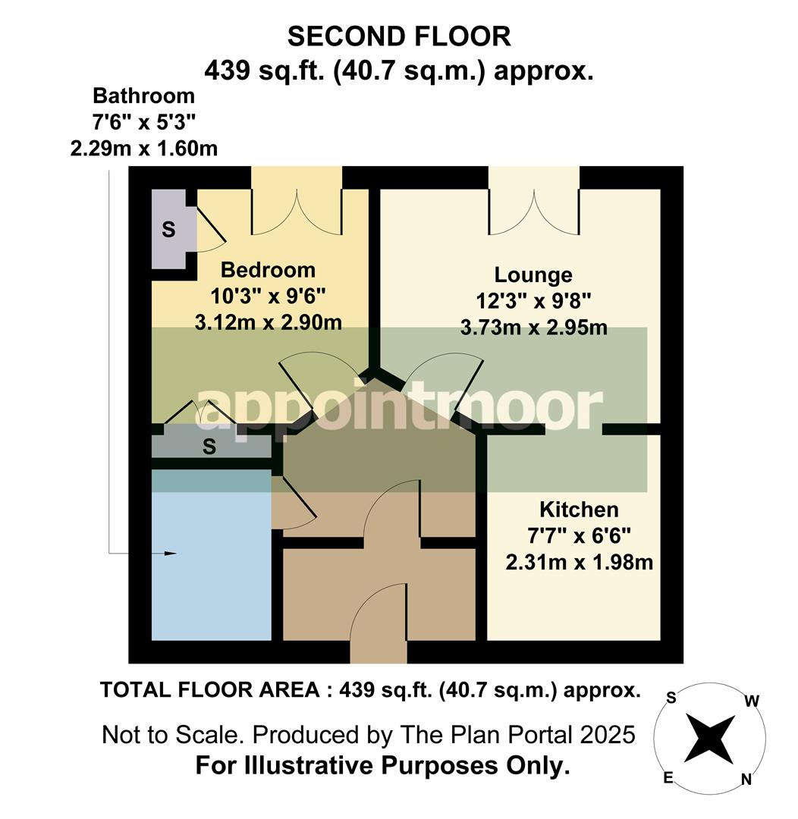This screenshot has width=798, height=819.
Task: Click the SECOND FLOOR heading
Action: pos(398,36)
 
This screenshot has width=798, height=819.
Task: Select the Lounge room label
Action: pos(533,275)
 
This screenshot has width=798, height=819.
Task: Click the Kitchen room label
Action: pos(579,509)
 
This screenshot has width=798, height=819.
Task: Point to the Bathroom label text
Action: pos(143,96)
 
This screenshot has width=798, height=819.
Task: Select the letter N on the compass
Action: pos(746,778)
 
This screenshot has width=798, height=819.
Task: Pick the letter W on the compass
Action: pos(751,701)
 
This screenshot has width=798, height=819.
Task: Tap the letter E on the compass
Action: pos(668,778)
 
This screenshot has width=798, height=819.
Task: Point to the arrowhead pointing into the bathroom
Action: pos(170,554)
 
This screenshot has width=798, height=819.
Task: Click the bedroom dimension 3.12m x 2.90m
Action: pos(268,322)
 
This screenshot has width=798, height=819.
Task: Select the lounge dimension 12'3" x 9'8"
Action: pos(533,301)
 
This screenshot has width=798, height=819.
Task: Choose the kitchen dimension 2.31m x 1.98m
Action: pos(579,563)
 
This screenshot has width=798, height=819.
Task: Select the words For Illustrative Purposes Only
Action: pos(382,766)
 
